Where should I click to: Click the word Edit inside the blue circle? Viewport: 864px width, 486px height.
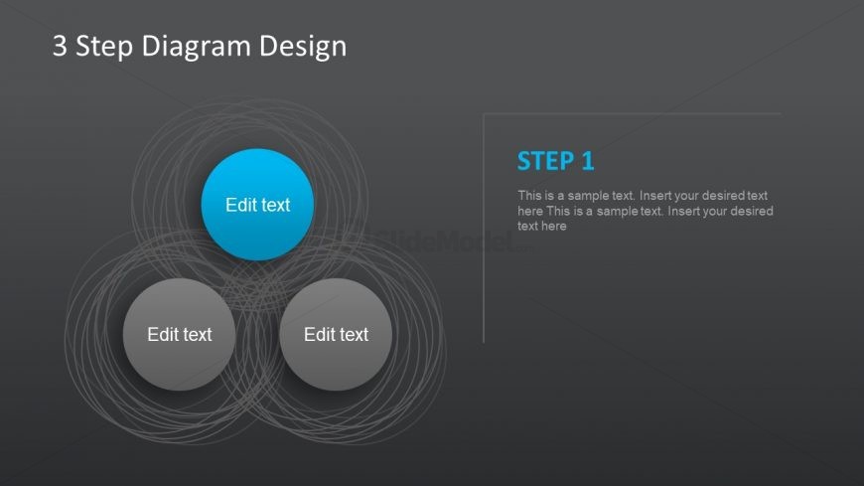[x=241, y=205]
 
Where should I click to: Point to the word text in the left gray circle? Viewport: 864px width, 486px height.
[x=196, y=335]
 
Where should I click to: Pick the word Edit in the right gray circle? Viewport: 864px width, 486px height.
[x=320, y=335]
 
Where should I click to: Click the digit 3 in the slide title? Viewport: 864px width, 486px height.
[x=61, y=46]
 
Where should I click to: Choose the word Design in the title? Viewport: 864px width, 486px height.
[x=302, y=47]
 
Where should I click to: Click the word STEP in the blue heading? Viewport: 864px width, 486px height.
[x=545, y=161]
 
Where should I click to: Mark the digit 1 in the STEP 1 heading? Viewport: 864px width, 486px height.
[x=587, y=161]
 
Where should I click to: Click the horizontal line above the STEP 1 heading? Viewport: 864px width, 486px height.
[x=636, y=113]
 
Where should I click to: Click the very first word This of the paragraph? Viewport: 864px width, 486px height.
[x=529, y=196]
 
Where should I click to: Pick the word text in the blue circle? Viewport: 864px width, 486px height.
[x=274, y=205]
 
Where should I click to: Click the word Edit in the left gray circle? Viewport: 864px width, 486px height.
[x=163, y=335]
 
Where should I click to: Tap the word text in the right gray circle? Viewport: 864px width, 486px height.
[x=353, y=335]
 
